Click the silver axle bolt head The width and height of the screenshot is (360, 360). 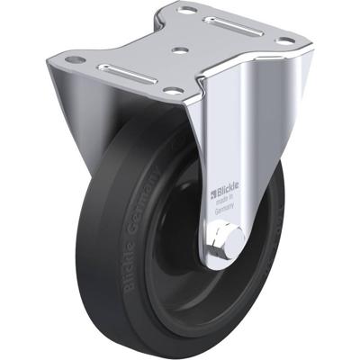[223, 238]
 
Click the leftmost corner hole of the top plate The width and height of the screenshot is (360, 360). [77, 60]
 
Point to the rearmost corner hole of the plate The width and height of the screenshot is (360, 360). [186, 10]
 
